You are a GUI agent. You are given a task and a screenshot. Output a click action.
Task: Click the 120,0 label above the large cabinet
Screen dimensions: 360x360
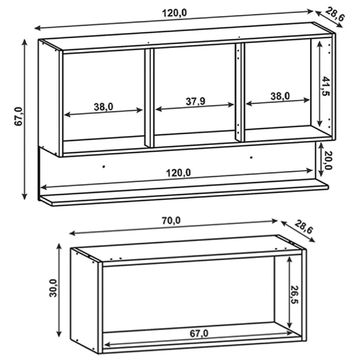pyautogui.click(x=175, y=13)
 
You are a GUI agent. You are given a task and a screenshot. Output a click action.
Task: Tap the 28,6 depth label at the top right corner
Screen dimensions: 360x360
pyautogui.click(x=334, y=14)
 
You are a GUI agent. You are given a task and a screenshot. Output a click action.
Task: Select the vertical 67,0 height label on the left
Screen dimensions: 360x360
pyautogui.click(x=19, y=116)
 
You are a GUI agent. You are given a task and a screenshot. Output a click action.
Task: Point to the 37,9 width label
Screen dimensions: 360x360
pyautogui.click(x=195, y=101)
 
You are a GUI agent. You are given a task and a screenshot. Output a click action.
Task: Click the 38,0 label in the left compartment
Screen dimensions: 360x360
pyautogui.click(x=103, y=107)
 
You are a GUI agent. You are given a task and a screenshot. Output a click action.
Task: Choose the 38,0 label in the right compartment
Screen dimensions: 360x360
pyautogui.click(x=280, y=96)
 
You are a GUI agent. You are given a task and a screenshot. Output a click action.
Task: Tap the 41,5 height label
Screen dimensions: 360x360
pyautogui.click(x=326, y=86)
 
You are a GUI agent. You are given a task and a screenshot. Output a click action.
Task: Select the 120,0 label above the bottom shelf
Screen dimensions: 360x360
pyautogui.click(x=179, y=173)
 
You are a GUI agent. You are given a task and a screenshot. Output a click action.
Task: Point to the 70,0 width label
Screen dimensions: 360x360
pyautogui.click(x=171, y=221)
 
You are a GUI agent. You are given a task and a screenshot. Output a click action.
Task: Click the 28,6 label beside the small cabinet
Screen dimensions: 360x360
pyautogui.click(x=303, y=227)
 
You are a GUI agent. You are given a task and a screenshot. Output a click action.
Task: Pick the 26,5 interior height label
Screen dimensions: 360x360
pyautogui.click(x=294, y=294)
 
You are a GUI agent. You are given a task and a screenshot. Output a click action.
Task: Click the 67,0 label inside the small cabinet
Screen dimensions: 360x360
pyautogui.click(x=199, y=333)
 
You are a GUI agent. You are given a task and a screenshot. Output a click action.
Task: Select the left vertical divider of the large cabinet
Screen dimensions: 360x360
pyautogui.click(x=149, y=98)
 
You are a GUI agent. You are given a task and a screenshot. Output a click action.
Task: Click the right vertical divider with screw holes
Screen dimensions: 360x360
pyautogui.click(x=240, y=92)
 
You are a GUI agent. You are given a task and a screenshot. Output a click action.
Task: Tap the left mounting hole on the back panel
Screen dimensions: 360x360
pyautogui.click(x=104, y=167)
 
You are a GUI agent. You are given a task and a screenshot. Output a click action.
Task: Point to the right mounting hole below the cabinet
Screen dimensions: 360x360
pyautogui.click(x=251, y=158)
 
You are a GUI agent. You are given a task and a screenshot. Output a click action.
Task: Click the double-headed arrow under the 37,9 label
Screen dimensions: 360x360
pyautogui.click(x=195, y=107)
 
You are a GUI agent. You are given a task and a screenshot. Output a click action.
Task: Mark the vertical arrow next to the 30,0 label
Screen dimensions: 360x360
pyautogui.click(x=59, y=290)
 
